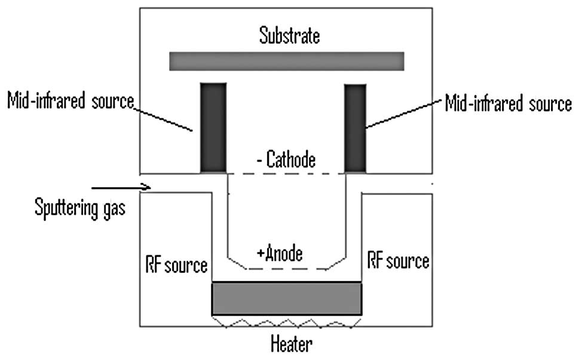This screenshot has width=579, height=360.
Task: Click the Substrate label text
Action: (289, 35)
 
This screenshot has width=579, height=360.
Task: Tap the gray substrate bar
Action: (287, 61)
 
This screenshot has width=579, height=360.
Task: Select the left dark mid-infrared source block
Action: (213, 128)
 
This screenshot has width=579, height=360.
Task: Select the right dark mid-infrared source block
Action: (356, 128)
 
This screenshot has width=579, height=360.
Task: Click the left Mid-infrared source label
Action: (71, 102)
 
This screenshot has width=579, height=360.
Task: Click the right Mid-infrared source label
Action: (508, 104)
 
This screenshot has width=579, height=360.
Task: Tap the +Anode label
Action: (280, 254)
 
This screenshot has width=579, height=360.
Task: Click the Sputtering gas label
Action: (80, 210)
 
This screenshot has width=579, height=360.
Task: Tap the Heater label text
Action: (291, 344)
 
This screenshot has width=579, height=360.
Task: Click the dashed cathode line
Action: (287, 173)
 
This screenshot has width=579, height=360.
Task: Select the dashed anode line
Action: (287, 269)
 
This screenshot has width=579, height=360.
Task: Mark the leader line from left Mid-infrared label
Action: (163, 118)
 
